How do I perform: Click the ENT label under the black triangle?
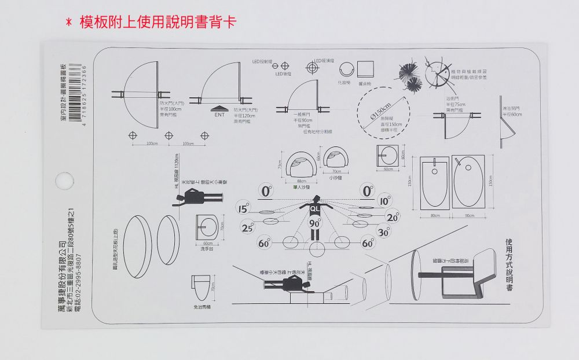click(x=219, y=115)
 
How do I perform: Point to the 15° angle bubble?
click(x=242, y=209)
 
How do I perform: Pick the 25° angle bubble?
click(x=248, y=227)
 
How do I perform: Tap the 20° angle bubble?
click(x=393, y=218)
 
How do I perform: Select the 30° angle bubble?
click(x=383, y=232)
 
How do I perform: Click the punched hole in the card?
click(x=59, y=178)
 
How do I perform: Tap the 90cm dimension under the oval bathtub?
click(x=470, y=215)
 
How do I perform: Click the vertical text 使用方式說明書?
click(x=509, y=263)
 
